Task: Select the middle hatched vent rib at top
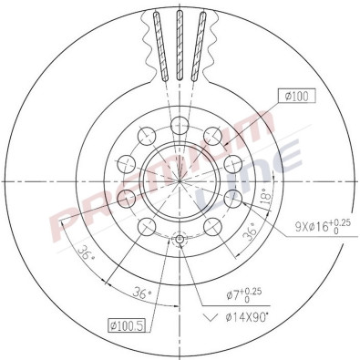point(179,46)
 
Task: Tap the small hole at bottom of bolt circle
point(180,240)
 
